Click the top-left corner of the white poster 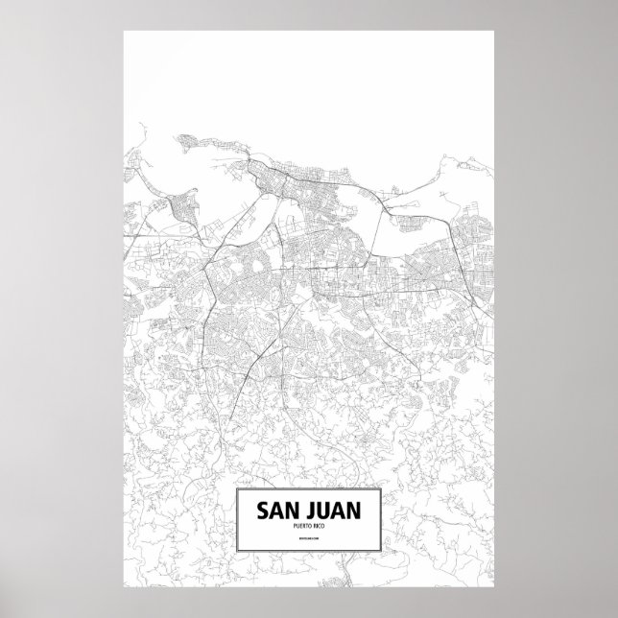(x=124, y=32)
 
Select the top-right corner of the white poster (x=494, y=32)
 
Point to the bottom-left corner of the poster (x=124, y=587)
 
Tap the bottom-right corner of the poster (x=494, y=587)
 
